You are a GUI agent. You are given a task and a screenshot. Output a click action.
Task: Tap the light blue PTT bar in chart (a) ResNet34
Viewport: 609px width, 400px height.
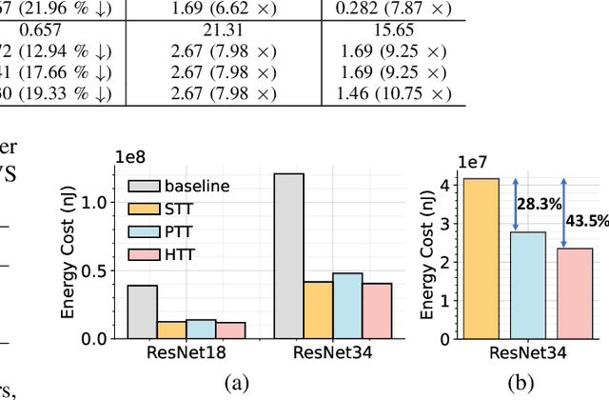point(347,306)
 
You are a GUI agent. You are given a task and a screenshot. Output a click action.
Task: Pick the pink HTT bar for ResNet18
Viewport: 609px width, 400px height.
point(230,330)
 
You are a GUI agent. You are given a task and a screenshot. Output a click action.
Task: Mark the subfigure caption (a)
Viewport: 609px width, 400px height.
point(236,383)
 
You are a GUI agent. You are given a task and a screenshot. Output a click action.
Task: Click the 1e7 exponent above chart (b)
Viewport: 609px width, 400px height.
point(473,163)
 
